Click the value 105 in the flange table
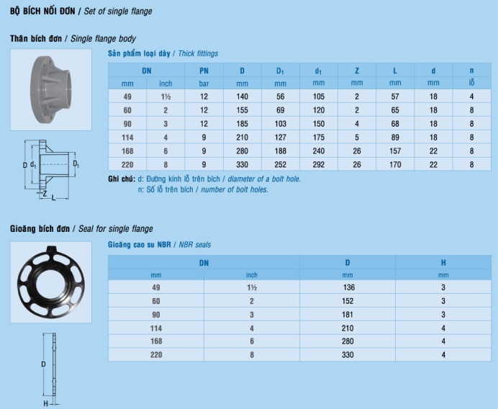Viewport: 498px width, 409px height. click(319, 96)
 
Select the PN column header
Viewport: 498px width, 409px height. click(204, 71)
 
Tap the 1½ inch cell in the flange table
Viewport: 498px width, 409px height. click(166, 96)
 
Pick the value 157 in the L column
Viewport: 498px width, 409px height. click(395, 151)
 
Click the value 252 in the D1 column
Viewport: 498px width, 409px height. click(281, 165)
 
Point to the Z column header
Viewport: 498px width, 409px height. click(357, 71)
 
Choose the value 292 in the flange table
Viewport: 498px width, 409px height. click(319, 165)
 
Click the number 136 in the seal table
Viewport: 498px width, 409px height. click(349, 287)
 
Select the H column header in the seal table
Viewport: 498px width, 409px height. click(443, 263)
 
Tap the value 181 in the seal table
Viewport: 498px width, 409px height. click(348, 315)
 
